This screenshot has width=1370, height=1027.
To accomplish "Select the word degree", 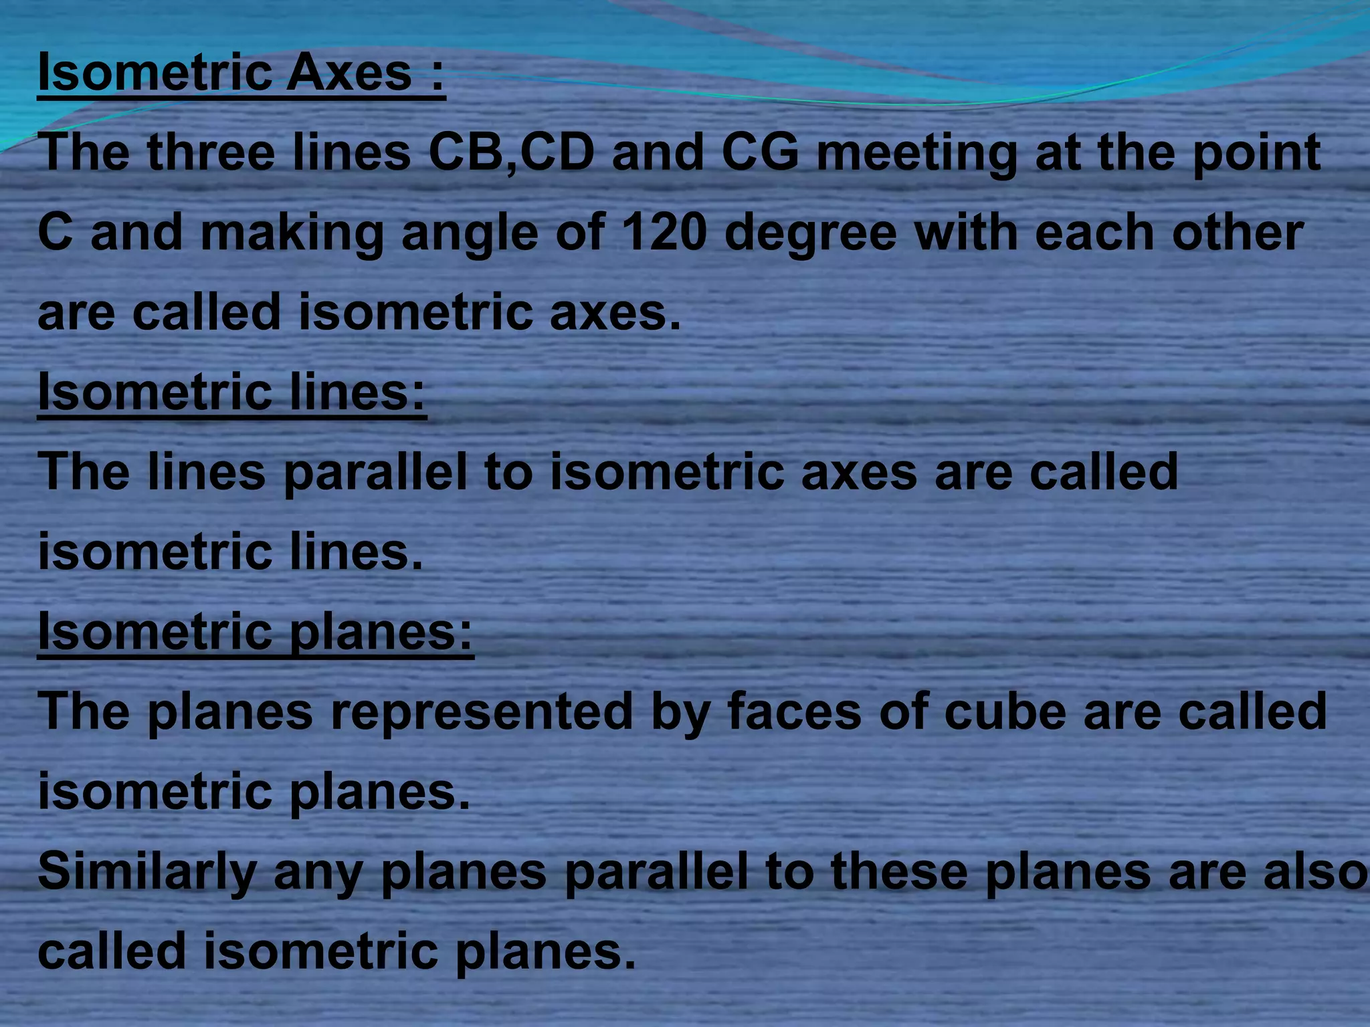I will click(x=810, y=234).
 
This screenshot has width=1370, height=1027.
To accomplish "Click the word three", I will click(x=211, y=152).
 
